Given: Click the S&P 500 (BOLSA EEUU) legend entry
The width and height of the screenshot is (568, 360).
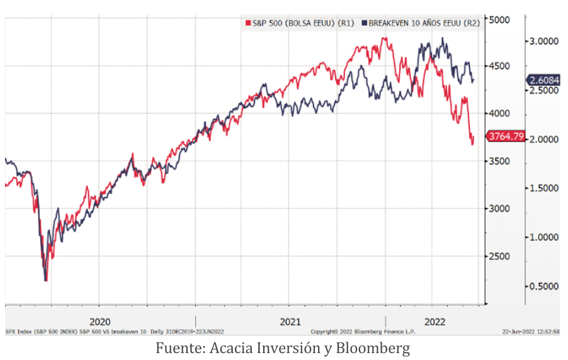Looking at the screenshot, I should [x=299, y=23].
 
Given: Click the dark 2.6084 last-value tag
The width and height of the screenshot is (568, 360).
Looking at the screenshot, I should [x=543, y=80].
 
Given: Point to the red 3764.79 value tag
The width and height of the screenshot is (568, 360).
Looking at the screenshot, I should [x=505, y=136].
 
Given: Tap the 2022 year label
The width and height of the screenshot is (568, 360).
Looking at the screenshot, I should [x=435, y=321].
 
